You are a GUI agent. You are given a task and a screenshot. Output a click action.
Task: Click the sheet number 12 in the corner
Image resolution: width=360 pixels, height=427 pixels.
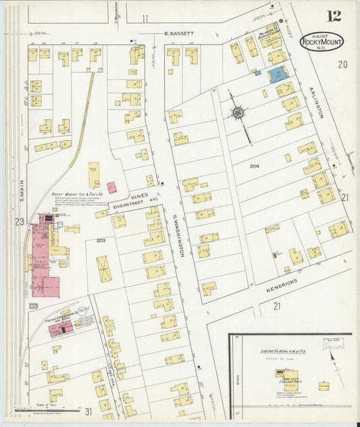pos(333,16)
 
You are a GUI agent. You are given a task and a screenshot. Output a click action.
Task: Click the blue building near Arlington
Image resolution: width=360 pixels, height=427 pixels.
pos(278,74)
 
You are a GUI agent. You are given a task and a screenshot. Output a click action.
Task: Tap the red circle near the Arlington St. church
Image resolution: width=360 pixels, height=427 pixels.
pos(281,21)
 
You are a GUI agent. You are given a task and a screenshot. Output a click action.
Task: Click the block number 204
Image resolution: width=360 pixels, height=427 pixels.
pos(255,166)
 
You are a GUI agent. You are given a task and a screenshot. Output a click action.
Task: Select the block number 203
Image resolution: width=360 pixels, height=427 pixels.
pos(102,240)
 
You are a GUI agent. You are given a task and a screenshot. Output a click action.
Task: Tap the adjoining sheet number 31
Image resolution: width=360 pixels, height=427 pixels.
pos(88,411)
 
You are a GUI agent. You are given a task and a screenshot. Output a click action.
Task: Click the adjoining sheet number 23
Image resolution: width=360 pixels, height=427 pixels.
pos(19,221)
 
